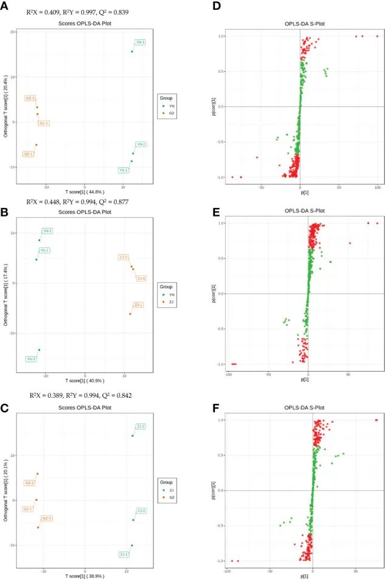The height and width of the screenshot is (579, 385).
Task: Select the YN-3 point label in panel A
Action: point(140,43)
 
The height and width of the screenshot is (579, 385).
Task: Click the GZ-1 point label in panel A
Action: point(28,154)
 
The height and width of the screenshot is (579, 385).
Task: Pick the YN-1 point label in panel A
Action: point(124,170)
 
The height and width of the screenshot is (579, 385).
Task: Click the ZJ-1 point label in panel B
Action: point(138,304)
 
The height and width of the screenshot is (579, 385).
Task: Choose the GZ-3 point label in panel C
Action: point(47,518)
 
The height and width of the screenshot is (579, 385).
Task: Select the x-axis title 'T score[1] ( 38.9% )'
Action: point(85,575)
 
